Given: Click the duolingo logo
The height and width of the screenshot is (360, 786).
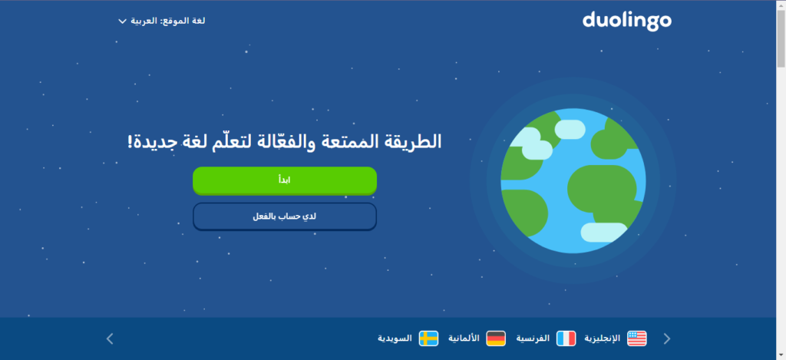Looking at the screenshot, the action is pos(626,21).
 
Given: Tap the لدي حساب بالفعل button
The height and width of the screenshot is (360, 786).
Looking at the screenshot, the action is pos(285,216).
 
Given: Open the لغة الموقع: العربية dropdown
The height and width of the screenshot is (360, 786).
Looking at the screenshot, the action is pos(162,21).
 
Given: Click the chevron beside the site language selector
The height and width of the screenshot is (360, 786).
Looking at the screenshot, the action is pos(122,21).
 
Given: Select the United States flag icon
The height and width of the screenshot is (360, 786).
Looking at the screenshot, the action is pos(637,339).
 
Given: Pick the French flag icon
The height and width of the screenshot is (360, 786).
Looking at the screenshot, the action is pos(566,339).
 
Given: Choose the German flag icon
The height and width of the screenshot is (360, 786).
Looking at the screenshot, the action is pos(496,339).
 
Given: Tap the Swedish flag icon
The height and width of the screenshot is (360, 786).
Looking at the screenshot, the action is pos(428,339).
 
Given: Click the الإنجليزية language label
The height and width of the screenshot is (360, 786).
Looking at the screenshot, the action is pos(603,339).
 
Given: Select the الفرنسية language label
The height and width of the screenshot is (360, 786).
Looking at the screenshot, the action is pos(533,339).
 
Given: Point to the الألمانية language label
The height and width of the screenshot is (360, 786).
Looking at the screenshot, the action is pos(464,339).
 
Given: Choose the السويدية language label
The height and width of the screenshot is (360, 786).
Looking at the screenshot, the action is pos(395,339).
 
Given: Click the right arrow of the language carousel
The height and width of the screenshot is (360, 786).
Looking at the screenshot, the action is pos(667,339).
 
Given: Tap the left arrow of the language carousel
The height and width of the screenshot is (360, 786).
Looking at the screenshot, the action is pos(110,339).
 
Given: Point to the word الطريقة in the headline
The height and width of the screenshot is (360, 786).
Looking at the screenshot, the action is pos(414,143).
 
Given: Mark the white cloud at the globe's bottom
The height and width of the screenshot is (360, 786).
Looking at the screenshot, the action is pos(603,232).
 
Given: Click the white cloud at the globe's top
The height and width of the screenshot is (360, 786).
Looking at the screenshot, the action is pos(570,130).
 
